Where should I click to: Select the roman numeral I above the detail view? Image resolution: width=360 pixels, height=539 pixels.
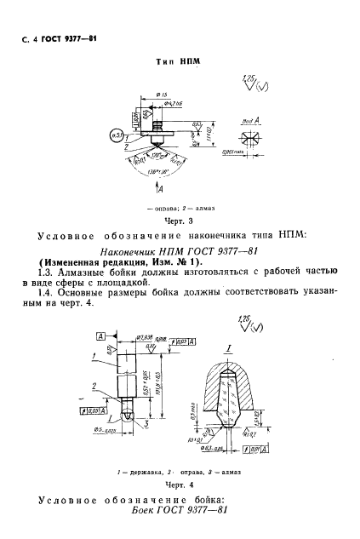tap(228, 350)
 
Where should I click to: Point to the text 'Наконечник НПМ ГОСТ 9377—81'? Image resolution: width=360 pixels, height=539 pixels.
tap(174, 252)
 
